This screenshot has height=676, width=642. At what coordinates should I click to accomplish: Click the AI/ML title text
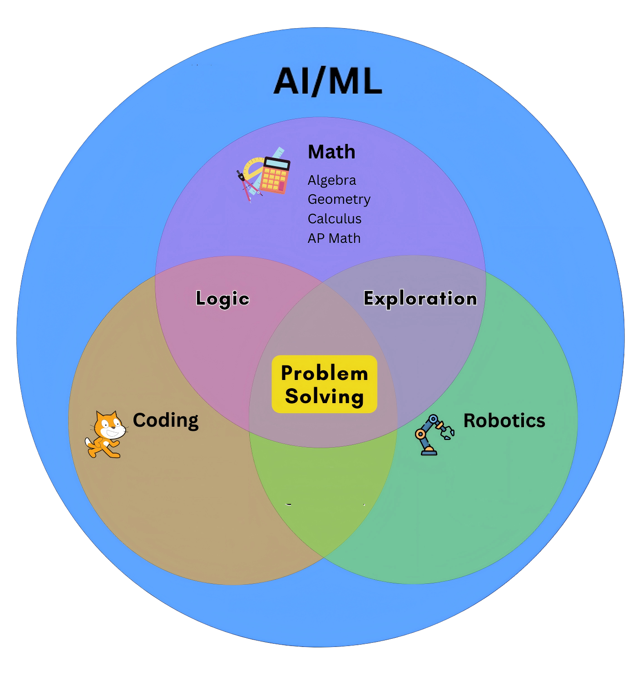[x=328, y=81]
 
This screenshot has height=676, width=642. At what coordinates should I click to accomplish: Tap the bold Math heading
[x=331, y=152]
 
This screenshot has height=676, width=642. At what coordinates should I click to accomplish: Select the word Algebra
[x=332, y=180]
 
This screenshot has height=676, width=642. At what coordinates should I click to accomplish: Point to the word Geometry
[x=339, y=200]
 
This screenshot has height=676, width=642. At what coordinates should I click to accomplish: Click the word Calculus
[x=335, y=219]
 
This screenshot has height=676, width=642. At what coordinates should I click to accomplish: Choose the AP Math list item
[x=334, y=238]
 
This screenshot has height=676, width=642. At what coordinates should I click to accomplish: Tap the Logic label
[x=222, y=298]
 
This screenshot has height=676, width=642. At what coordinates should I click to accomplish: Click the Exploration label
[x=420, y=298]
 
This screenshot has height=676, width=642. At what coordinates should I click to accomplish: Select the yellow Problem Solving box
[x=324, y=384]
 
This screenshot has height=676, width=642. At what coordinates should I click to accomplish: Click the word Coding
[x=166, y=420]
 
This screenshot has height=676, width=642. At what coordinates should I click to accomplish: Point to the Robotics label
[x=504, y=420]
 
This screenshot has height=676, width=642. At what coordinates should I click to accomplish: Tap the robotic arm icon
[x=434, y=434]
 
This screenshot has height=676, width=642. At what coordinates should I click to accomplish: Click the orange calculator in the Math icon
[x=275, y=175]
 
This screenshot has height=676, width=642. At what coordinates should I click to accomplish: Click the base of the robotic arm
[x=429, y=452]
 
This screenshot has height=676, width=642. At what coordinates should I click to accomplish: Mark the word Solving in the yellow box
[x=324, y=396]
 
